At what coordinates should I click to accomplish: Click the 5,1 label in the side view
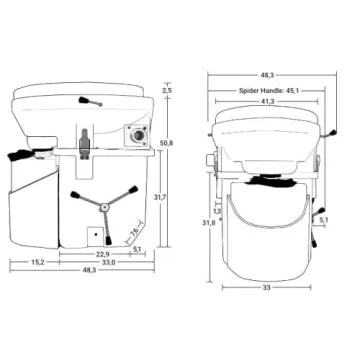137,251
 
